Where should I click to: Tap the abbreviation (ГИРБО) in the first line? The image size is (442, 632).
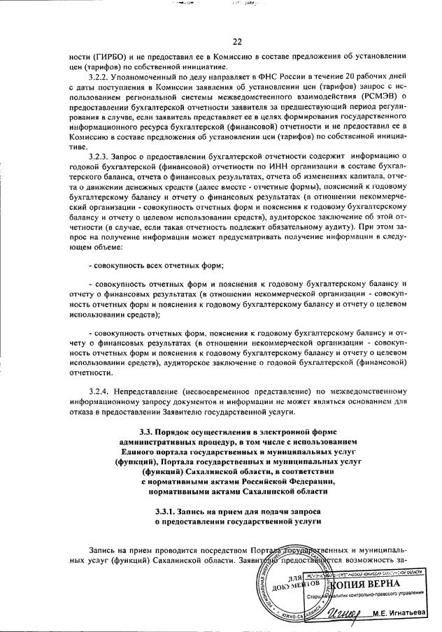[x=102, y=55]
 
